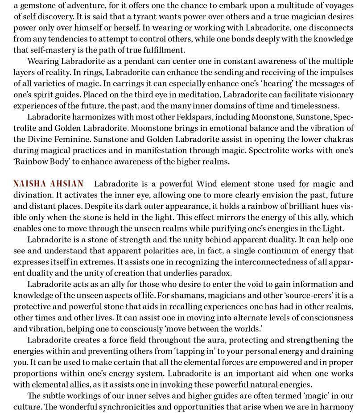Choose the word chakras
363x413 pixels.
[x=338, y=139]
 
